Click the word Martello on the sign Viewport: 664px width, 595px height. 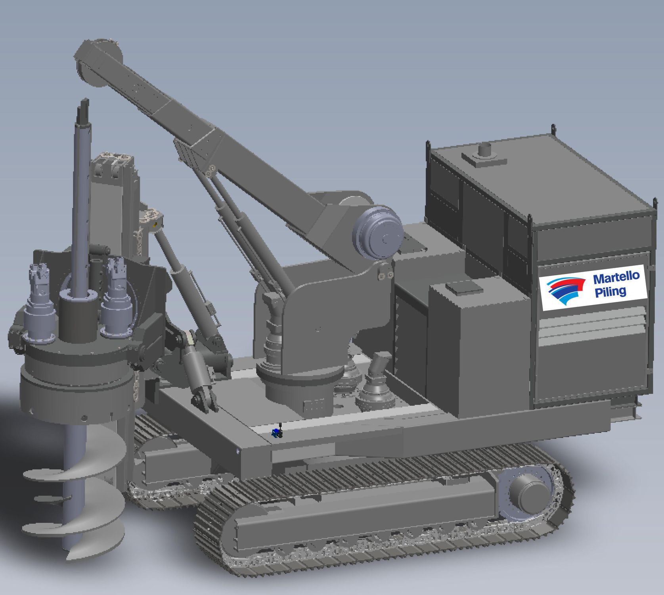[x=616, y=277]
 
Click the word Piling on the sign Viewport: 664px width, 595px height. [x=610, y=292]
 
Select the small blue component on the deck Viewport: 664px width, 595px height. [x=275, y=433]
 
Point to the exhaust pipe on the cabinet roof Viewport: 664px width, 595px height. [x=485, y=151]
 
